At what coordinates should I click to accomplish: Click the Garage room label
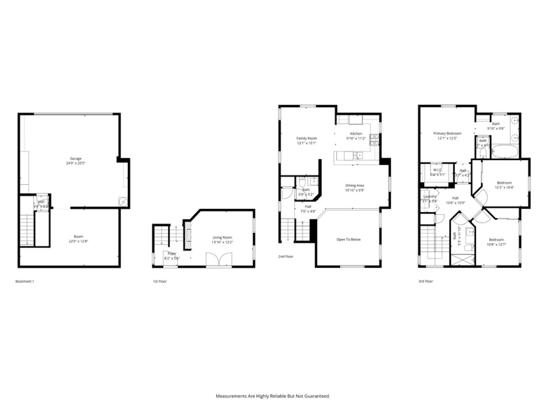point(75,159)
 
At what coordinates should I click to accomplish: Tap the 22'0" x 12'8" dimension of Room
point(78,241)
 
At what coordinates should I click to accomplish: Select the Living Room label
point(222,238)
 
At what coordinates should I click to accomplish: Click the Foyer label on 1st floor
point(172,254)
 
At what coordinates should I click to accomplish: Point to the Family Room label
point(306,139)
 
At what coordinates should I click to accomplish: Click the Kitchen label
point(356,134)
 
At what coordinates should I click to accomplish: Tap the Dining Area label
point(355,186)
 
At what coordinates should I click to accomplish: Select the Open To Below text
point(348,240)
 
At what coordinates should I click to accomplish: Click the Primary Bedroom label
point(447,134)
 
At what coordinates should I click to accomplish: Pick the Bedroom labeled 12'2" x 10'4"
point(504,183)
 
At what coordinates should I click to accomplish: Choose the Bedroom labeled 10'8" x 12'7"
point(496,240)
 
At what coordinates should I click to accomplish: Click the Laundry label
point(430,197)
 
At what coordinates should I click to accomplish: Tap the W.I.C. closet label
point(437,170)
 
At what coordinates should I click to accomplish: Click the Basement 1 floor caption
point(25,282)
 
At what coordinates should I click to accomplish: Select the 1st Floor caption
point(160,282)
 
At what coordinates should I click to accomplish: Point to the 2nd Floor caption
point(286,257)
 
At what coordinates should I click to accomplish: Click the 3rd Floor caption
point(425,282)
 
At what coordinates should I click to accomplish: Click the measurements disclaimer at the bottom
point(273,396)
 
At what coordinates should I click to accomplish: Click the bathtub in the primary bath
point(504,151)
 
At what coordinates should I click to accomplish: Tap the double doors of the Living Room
point(218,260)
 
